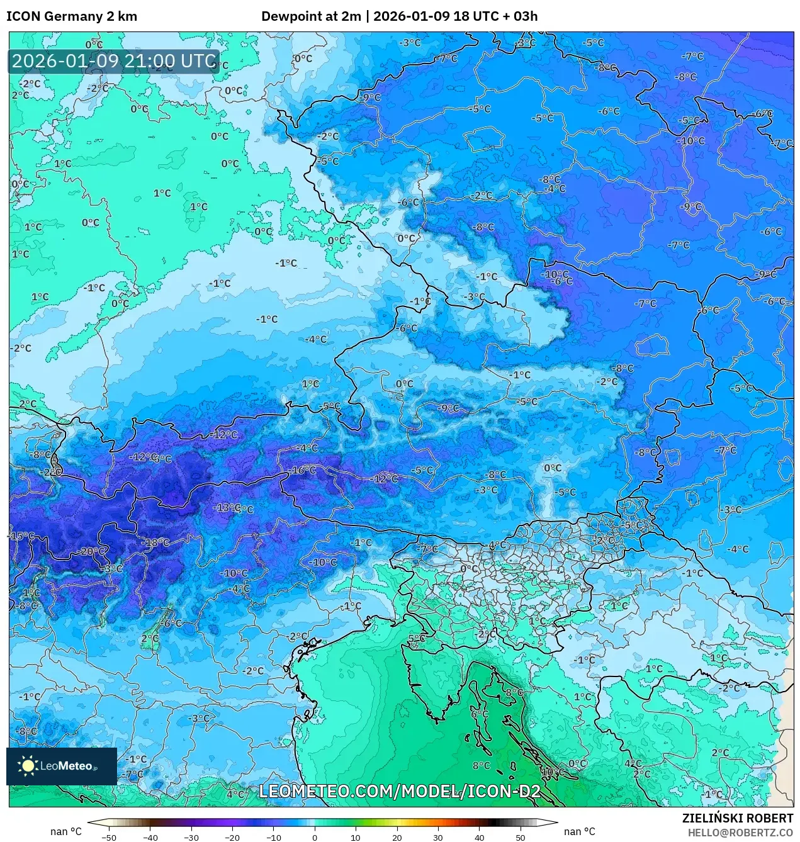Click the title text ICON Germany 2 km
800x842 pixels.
click(72, 16)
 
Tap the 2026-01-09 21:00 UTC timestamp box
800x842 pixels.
click(114, 61)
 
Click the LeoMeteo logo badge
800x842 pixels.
click(62, 766)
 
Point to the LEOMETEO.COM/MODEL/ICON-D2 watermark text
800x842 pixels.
click(400, 791)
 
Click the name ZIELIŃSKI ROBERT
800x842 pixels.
click(738, 818)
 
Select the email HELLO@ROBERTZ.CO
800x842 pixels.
click(740, 832)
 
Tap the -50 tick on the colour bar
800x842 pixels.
click(109, 838)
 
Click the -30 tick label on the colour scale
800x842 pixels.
click(191, 838)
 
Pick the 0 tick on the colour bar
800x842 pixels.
click(315, 838)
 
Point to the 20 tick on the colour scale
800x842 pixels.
click(397, 838)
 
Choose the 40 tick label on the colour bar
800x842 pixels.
click(480, 838)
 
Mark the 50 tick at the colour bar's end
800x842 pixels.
click(521, 838)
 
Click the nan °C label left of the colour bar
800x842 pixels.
click(66, 831)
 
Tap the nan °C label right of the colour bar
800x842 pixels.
click(580, 831)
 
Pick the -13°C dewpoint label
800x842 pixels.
click(227, 507)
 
